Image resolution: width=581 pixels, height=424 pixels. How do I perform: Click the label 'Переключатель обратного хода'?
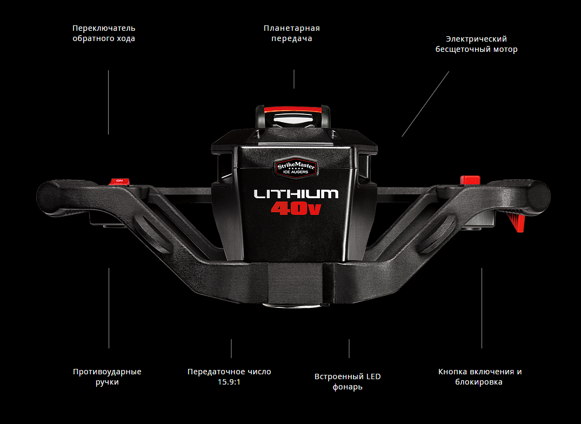[x=104, y=33]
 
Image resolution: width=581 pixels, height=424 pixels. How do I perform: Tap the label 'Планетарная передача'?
[x=292, y=33]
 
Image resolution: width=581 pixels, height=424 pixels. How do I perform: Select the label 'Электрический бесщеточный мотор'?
[x=476, y=44]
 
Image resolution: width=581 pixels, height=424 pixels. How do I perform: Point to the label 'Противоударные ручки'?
[x=107, y=376]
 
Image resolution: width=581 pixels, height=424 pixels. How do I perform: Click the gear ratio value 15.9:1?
[x=229, y=382]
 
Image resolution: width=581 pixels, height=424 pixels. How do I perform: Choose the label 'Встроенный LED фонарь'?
[x=348, y=382]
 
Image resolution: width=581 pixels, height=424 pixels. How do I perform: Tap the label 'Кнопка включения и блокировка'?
[x=480, y=376]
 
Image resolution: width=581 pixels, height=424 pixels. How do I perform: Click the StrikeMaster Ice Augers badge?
[x=295, y=168]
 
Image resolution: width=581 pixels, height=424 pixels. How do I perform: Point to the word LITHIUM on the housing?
[x=296, y=194]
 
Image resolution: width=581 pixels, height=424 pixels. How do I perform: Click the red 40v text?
[x=296, y=208]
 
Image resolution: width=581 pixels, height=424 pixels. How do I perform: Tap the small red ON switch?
[x=119, y=181]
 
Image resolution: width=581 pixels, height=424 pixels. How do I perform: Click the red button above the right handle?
[x=470, y=180]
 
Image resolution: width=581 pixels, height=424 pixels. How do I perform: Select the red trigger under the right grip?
[x=516, y=222]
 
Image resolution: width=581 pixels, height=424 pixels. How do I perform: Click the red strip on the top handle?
[x=292, y=110]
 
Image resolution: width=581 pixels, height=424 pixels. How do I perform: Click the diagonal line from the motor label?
[x=425, y=104]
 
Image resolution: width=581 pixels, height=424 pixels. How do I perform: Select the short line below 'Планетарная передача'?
[x=294, y=79]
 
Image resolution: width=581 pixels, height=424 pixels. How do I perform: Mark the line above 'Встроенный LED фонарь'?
[x=349, y=348]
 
